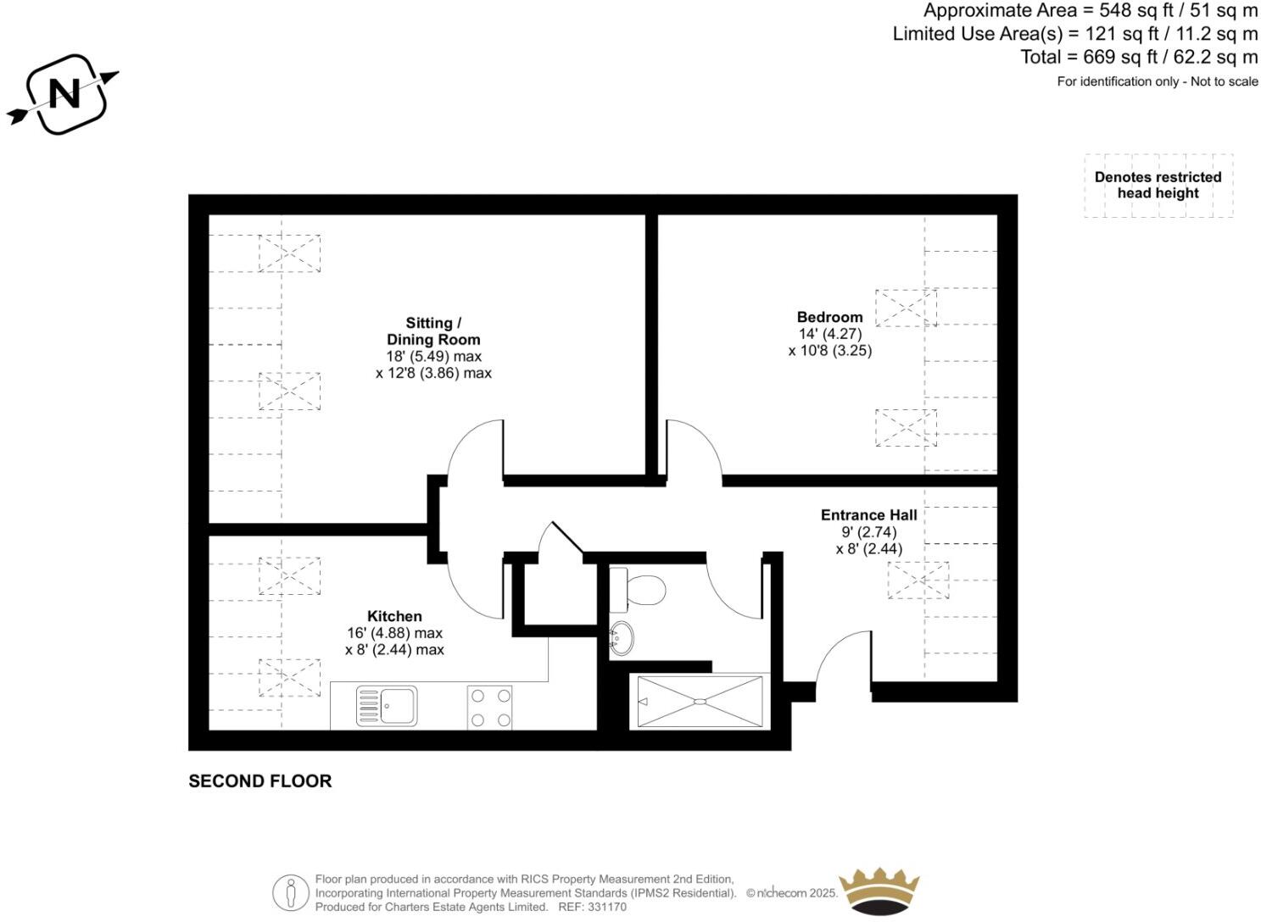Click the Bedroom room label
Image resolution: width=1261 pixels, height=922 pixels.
click(829, 318)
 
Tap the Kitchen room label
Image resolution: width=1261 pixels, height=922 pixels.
click(394, 616)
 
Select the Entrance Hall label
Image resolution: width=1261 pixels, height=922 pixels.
click(868, 515)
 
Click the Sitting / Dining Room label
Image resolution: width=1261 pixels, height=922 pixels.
click(433, 331)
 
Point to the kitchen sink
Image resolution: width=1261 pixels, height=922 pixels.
click(387, 706)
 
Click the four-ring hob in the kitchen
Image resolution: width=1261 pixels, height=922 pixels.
click(490, 707)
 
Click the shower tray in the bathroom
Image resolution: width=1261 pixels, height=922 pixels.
click(700, 702)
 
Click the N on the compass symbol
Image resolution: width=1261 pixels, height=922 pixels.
click(64, 93)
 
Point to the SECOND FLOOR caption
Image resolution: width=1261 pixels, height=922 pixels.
click(259, 781)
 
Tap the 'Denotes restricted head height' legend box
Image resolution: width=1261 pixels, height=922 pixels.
click(1158, 186)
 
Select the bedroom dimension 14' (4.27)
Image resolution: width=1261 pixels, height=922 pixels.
click(829, 334)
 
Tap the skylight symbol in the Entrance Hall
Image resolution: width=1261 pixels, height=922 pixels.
click(918, 580)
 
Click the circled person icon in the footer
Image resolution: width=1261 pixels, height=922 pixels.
click(291, 893)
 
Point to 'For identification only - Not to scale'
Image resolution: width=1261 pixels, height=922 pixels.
click(1157, 82)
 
